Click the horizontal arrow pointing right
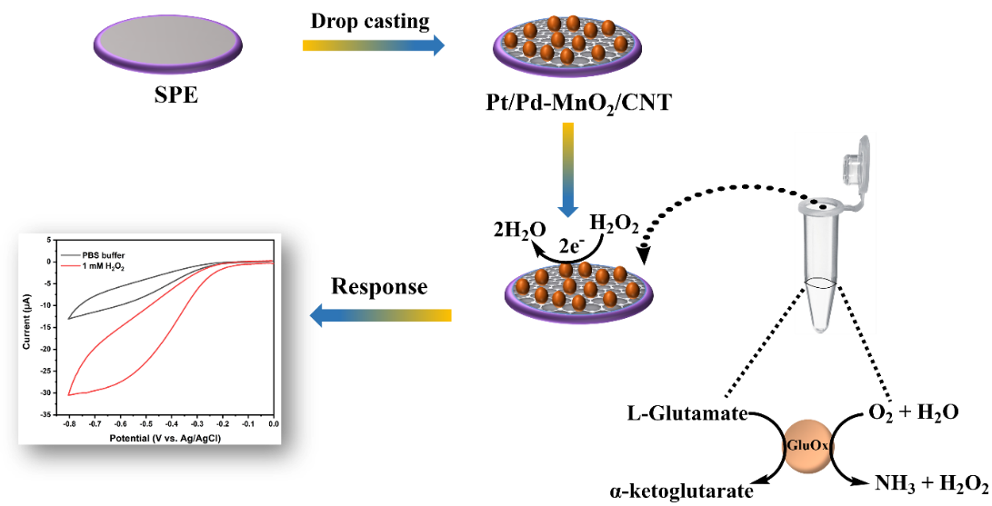click(373, 45)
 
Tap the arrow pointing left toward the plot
click(381, 315)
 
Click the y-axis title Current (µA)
click(27, 326)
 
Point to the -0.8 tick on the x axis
click(68, 424)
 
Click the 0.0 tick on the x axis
click(273, 424)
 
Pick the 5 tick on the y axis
click(49, 239)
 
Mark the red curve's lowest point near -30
click(69, 394)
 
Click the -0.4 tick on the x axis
click(171, 424)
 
